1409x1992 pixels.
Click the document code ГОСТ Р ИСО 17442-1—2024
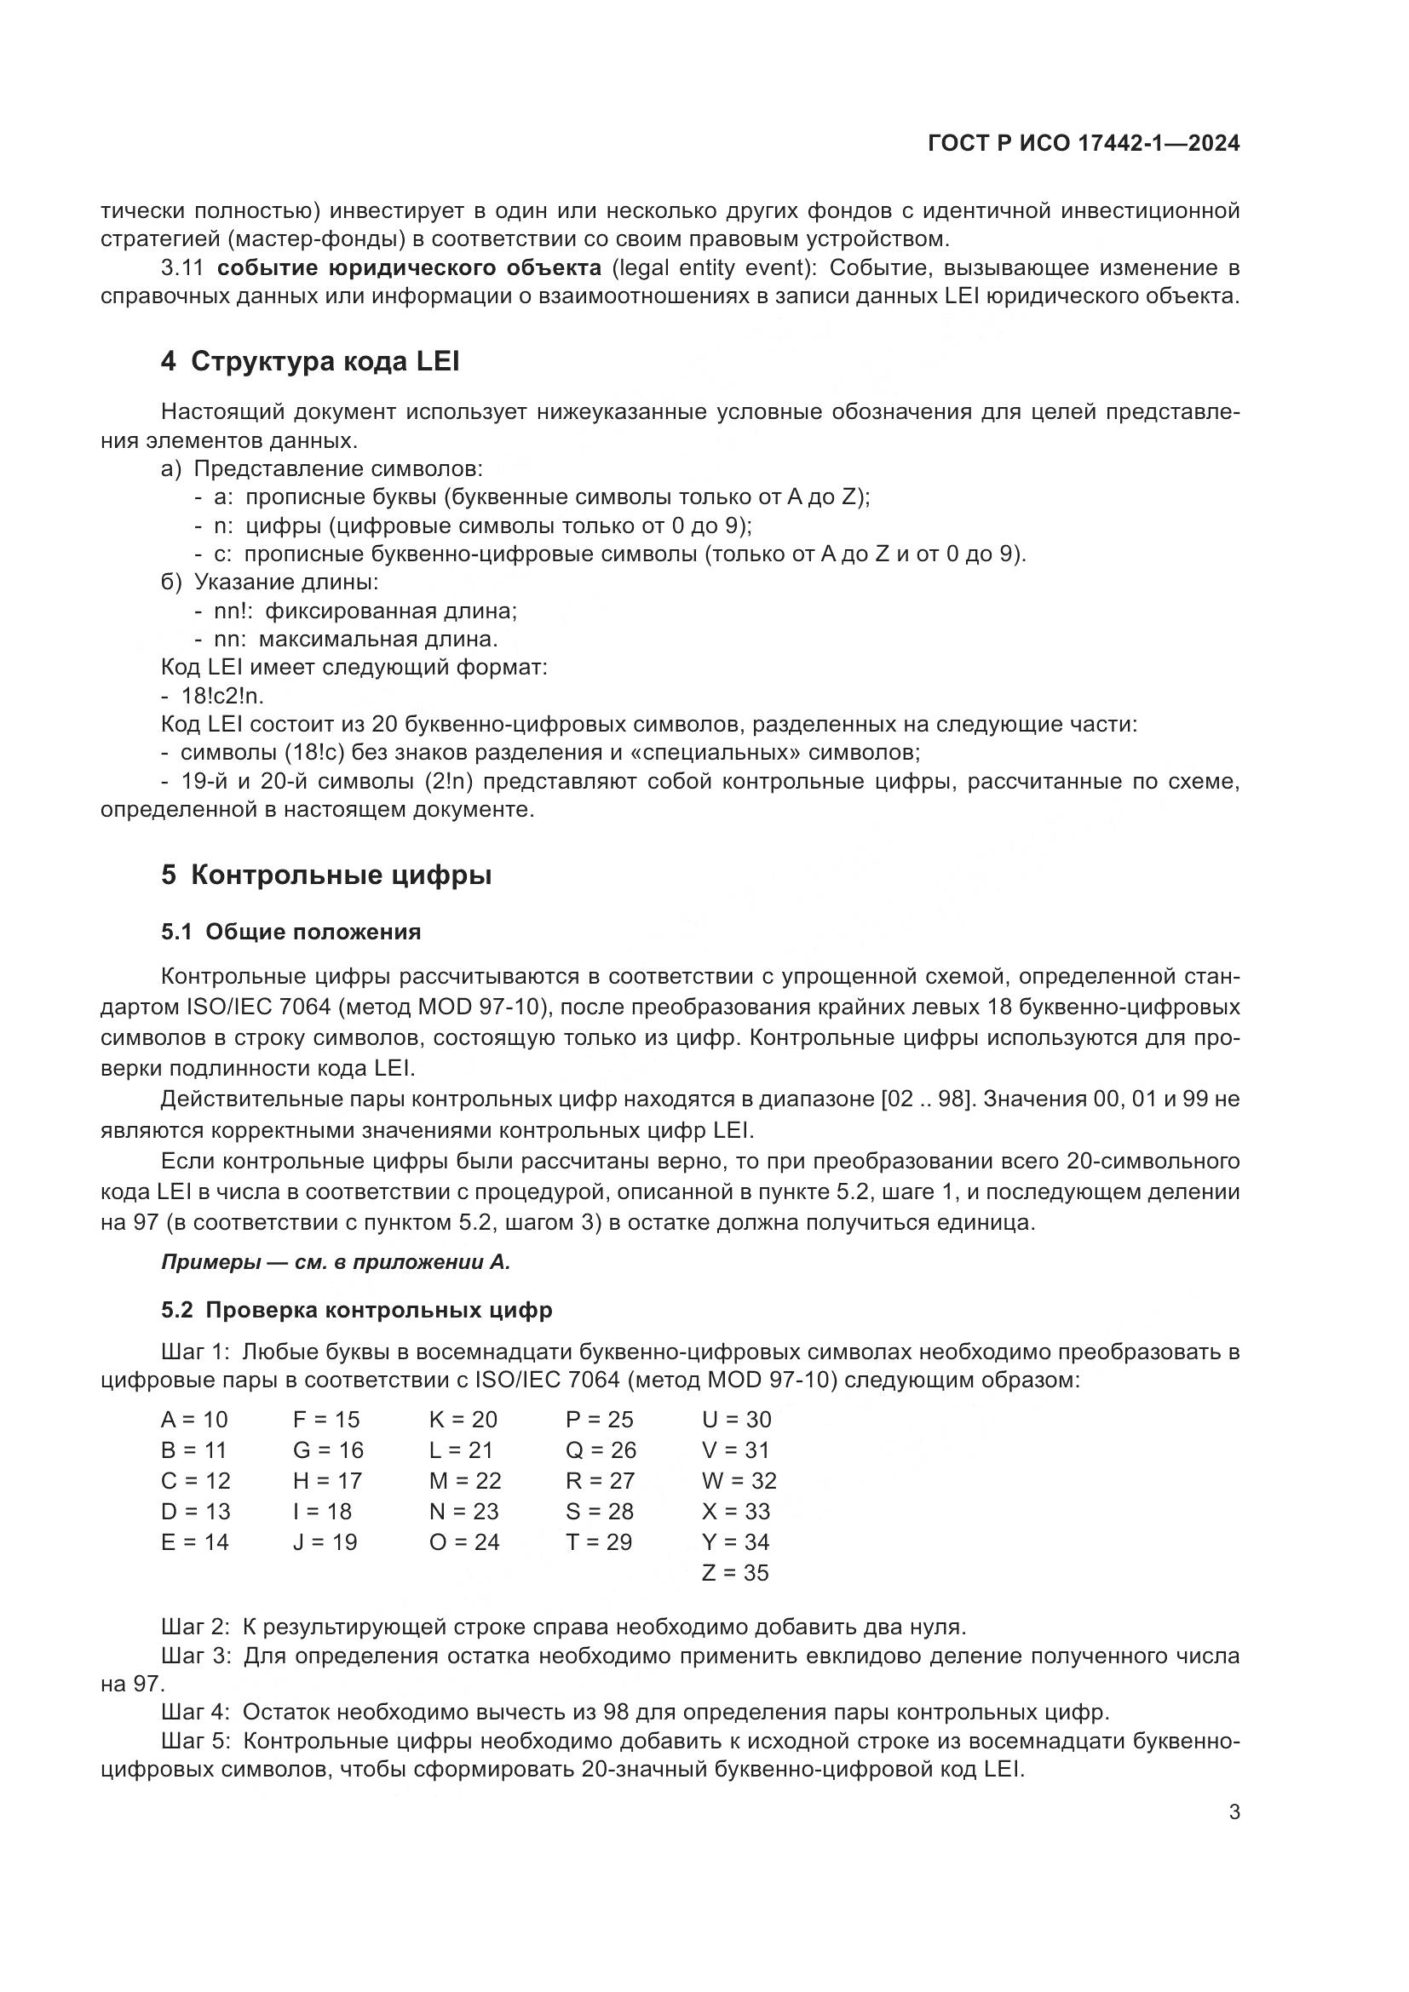[x=1083, y=143]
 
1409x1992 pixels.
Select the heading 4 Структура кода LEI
[x=310, y=361]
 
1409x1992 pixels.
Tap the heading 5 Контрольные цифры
[x=326, y=875]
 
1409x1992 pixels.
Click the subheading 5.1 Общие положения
[x=290, y=932]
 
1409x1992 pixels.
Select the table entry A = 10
[x=194, y=1420]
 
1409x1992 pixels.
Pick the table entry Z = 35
[x=735, y=1573]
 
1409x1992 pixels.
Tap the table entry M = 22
[x=465, y=1481]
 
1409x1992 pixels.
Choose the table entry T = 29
[x=599, y=1541]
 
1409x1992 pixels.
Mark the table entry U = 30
[x=736, y=1420]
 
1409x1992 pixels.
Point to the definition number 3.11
[x=181, y=267]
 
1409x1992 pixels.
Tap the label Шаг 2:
[x=195, y=1626]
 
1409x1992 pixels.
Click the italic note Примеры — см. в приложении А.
[x=336, y=1262]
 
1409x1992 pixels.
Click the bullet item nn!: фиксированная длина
[x=365, y=611]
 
